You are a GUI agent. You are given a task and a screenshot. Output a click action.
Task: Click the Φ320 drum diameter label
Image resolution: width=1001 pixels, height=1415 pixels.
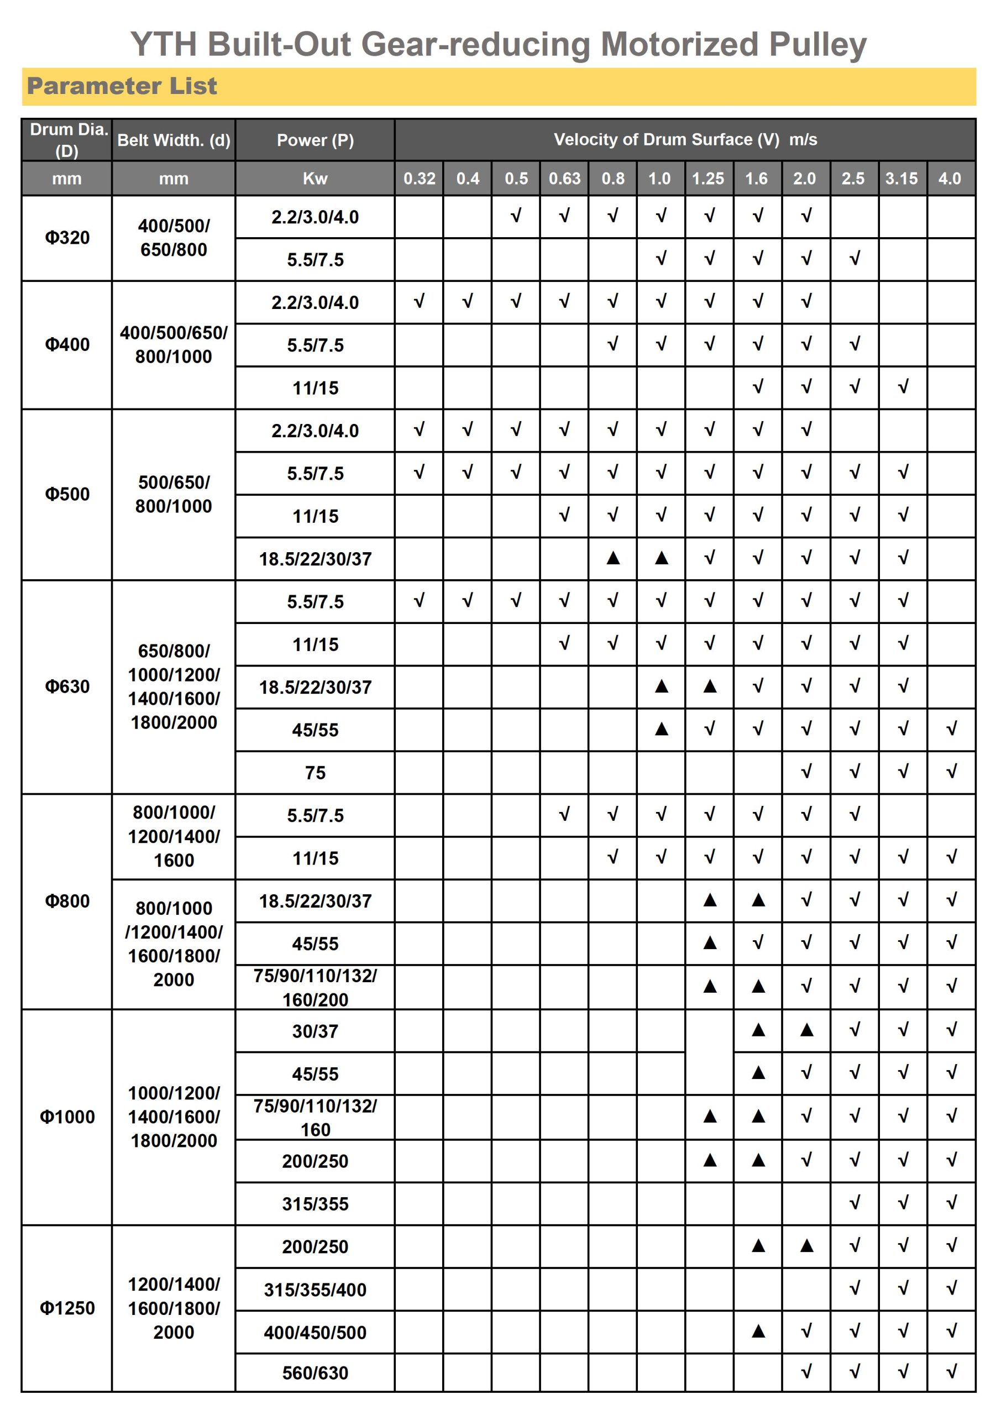point(67,237)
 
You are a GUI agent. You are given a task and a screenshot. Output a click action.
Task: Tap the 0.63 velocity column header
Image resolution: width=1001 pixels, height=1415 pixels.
point(564,179)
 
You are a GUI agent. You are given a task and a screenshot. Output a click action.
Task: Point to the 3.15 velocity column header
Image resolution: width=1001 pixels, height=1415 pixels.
point(901,179)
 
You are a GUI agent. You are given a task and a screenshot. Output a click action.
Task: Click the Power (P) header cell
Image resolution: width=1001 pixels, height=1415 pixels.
point(315,140)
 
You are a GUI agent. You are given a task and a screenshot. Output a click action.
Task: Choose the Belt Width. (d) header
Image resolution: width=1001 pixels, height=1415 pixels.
point(174,140)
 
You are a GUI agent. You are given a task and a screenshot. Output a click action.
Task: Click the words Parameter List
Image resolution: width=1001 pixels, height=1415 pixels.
point(122,86)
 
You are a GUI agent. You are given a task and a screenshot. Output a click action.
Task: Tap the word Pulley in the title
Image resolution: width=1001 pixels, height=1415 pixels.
point(817,44)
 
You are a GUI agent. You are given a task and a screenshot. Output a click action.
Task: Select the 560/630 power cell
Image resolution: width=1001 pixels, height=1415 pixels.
point(315,1372)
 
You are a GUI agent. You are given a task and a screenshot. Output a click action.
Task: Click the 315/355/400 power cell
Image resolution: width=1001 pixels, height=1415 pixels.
point(315,1290)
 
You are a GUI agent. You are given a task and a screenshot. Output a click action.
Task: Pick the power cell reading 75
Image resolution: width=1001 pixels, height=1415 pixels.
point(315,772)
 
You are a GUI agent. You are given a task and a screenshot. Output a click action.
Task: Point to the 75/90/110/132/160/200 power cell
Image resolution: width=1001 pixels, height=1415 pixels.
point(315,987)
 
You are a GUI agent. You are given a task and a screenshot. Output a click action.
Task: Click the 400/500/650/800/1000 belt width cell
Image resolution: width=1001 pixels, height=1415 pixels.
point(174,344)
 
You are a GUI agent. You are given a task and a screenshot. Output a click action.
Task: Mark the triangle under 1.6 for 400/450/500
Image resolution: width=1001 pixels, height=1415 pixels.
point(758,1331)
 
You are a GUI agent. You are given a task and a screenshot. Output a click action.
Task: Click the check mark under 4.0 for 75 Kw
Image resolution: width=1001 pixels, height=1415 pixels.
point(951,772)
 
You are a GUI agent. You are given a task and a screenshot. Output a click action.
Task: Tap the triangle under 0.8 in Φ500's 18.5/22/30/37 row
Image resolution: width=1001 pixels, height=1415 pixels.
point(612,558)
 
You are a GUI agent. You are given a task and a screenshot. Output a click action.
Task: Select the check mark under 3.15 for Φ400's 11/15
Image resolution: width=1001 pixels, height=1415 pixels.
point(903,387)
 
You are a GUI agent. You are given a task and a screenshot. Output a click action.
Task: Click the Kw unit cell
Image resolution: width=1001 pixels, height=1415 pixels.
point(315,179)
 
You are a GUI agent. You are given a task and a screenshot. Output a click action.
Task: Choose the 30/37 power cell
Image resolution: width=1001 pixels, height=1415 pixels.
point(315,1031)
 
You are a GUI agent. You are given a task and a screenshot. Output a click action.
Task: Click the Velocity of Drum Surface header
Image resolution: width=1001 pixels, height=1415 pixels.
point(685,140)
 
